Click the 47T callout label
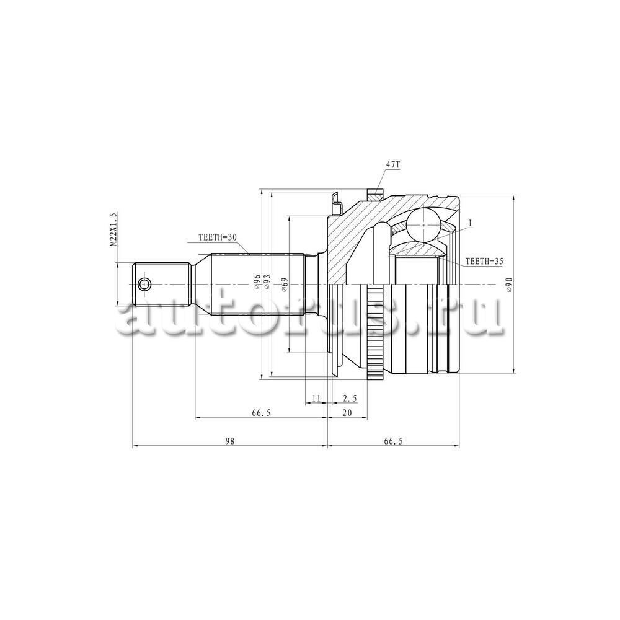[x=393, y=165]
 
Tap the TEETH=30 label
[x=217, y=237]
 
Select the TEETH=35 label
[x=484, y=261]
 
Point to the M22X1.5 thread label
[x=113, y=230]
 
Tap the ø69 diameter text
[x=285, y=285]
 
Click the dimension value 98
[x=230, y=441]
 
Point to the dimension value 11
[x=316, y=398]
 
